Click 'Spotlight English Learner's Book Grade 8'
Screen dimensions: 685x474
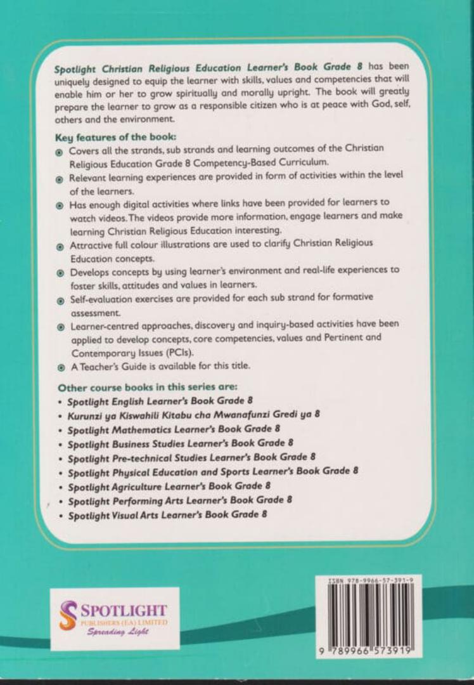[162, 401]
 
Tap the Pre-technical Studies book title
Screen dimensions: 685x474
[191, 457]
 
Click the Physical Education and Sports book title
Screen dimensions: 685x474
[213, 471]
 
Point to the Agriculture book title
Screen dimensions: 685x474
[169, 486]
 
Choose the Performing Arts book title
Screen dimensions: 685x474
[179, 500]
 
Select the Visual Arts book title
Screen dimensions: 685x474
[167, 515]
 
